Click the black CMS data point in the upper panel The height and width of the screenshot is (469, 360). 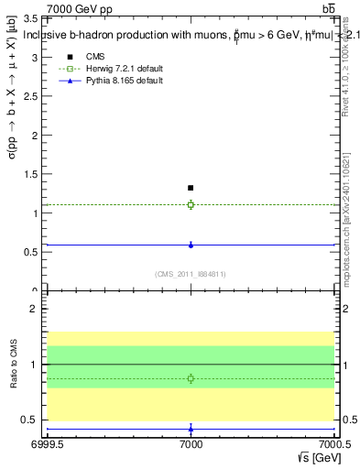coord(191,188)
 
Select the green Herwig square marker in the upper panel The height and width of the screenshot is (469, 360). coord(191,204)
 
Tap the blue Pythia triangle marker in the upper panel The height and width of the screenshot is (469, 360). coord(191,245)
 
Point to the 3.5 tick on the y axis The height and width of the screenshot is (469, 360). coord(35,18)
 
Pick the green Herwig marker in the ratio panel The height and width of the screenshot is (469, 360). coord(191,378)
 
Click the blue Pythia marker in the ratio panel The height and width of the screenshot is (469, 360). coord(191,429)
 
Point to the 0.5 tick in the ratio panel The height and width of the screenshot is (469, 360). coord(35,420)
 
